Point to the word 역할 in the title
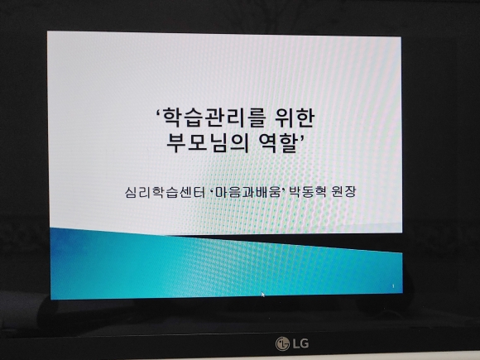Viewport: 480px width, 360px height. point(278,143)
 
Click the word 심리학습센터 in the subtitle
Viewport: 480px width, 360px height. point(165,192)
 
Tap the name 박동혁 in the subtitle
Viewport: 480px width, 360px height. point(307,192)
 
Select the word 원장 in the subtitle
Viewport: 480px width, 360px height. point(343,192)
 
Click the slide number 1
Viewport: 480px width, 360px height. point(393,286)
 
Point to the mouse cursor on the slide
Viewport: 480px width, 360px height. point(263,295)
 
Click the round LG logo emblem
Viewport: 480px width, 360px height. point(282,343)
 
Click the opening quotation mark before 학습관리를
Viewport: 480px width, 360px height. point(159,112)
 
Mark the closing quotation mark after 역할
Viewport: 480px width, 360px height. point(301,137)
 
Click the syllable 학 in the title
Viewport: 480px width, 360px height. point(172,118)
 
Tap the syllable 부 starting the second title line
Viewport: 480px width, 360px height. point(176,143)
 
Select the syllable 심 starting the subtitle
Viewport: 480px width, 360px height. point(131,193)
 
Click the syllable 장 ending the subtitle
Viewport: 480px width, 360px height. point(351,192)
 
